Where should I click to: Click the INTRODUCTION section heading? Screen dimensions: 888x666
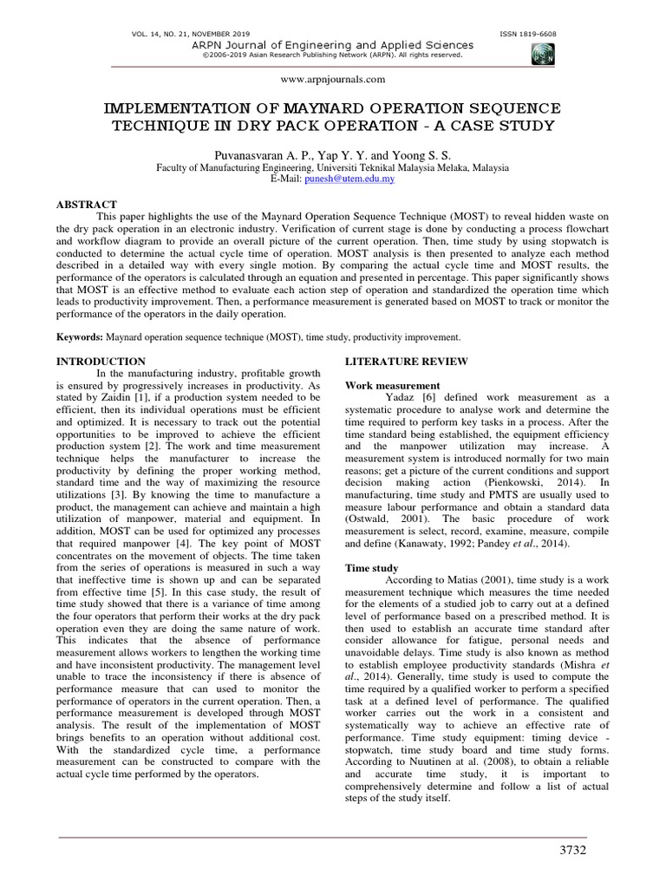[x=101, y=360]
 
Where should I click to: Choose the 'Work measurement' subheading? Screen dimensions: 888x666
[x=392, y=384]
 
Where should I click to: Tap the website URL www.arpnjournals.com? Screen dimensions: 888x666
[x=333, y=79]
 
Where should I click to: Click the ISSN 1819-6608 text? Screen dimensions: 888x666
[x=529, y=34]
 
